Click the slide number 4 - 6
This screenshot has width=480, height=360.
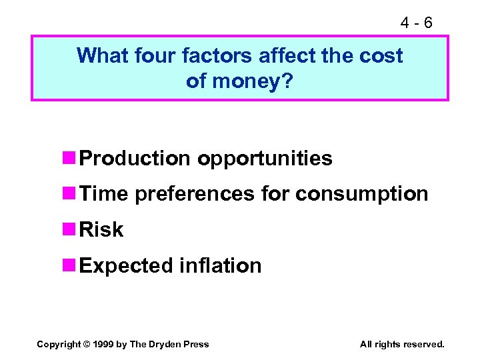pos(416,23)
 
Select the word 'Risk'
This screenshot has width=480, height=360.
pos(101,230)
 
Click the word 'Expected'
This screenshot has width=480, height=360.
pos(127,266)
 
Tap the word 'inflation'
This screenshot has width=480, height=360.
pos(221,265)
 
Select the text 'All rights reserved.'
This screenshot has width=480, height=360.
pos(402,344)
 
